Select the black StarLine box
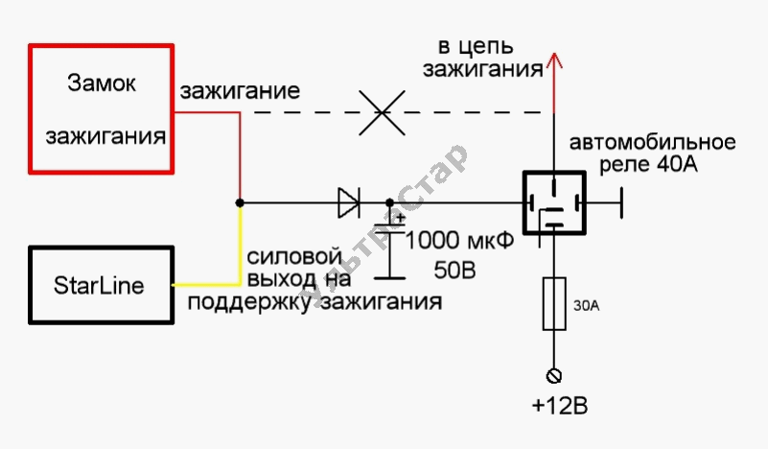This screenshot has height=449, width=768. pos(99,286)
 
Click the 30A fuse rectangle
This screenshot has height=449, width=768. pos(554,304)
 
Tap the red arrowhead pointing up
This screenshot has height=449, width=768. pos(554,64)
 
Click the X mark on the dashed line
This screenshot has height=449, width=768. pos(381,112)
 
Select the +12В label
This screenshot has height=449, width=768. pos(558,406)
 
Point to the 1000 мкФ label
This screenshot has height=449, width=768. pos(460,240)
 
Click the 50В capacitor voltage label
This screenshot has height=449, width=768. pos(454,271)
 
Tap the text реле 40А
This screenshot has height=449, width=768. pos(646,164)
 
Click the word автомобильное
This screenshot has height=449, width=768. pos(653,143)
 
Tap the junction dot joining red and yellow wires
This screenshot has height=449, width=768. pos(239,202)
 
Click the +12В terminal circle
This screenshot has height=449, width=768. pos(554,375)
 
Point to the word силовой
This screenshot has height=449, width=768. pos(294,258)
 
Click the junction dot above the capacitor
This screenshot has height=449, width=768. pos(389,202)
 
